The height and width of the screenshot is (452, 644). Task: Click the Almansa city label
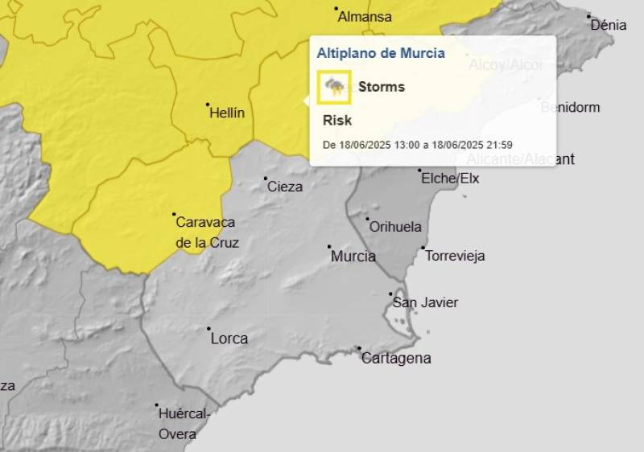click(364, 17)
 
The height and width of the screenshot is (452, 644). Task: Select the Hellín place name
click(226, 113)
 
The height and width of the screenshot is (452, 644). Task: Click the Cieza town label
click(284, 187)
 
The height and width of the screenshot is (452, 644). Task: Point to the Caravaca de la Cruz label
click(206, 232)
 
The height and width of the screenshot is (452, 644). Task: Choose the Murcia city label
click(353, 257)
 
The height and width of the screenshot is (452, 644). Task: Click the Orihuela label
click(394, 227)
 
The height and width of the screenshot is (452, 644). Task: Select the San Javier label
click(425, 302)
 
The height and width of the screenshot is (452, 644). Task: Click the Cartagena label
click(395, 359)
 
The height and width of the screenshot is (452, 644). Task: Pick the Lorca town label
click(229, 339)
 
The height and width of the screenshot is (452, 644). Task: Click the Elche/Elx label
click(450, 179)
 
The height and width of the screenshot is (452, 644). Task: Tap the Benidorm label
click(571, 107)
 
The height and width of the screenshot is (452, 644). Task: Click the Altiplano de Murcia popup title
click(381, 53)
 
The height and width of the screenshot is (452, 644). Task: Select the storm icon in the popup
click(334, 87)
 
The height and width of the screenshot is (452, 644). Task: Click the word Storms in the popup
click(381, 87)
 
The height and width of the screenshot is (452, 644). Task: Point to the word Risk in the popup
click(337, 120)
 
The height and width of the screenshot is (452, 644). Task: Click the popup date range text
click(417, 145)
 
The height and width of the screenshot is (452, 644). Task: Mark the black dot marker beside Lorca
click(208, 328)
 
